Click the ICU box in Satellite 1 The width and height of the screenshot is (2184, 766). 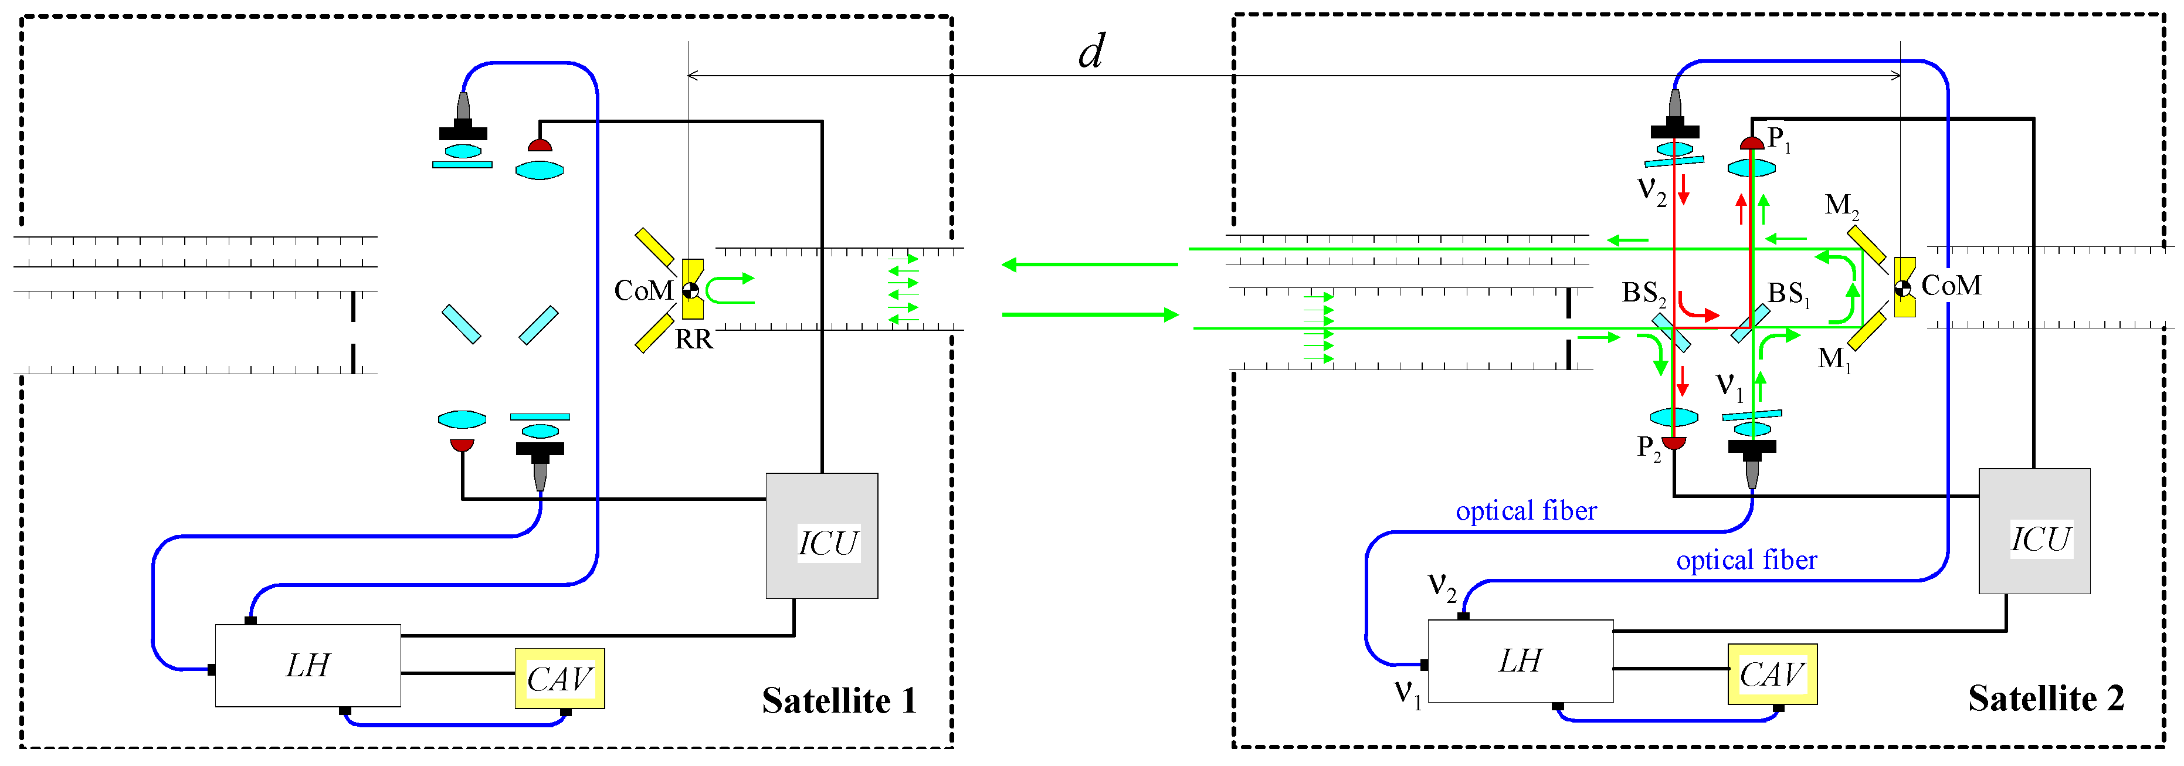click(820, 536)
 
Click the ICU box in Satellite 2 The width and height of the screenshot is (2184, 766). click(2034, 532)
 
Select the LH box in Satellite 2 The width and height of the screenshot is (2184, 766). click(1520, 662)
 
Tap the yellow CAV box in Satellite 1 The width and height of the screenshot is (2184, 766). click(559, 679)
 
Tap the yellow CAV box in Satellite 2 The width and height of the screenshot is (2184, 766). click(1772, 675)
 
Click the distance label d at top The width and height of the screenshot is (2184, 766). click(1091, 53)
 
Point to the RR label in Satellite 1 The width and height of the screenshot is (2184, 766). click(694, 340)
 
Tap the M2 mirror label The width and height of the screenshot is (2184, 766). click(1842, 206)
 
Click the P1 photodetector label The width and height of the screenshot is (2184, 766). click(1779, 139)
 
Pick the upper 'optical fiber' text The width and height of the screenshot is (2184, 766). click(1525, 511)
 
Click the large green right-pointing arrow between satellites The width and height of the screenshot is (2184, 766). click(1090, 315)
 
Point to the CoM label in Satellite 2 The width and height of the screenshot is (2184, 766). click(1951, 286)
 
